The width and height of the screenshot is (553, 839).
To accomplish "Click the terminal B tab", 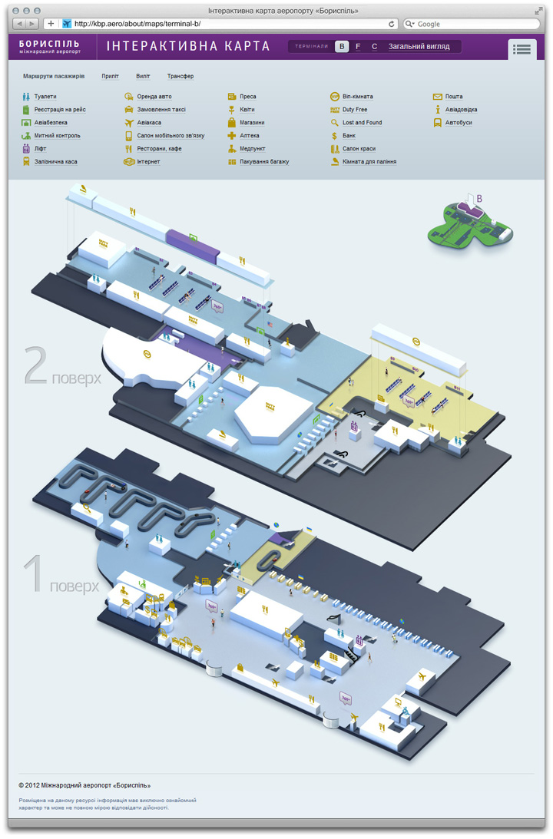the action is pyautogui.click(x=342, y=47).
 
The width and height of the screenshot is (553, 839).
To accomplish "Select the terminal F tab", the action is pyautogui.click(x=358, y=47).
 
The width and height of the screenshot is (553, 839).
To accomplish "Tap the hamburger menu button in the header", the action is pyautogui.click(x=522, y=49).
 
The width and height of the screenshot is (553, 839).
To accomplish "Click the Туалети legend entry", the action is pyautogui.click(x=45, y=97).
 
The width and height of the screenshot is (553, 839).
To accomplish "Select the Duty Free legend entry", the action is pyautogui.click(x=355, y=110).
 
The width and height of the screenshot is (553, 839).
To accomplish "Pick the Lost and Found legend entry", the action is pyautogui.click(x=362, y=123).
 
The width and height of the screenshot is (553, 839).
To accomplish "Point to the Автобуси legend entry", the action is pyautogui.click(x=459, y=123).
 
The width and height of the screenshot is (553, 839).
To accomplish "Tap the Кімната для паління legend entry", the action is pyautogui.click(x=369, y=162).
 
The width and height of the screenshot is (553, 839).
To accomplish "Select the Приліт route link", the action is pyautogui.click(x=110, y=77).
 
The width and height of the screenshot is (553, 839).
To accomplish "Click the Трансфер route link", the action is pyautogui.click(x=180, y=77).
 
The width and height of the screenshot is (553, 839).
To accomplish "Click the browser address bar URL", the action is pyautogui.click(x=138, y=24).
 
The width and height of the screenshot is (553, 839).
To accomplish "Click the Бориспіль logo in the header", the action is pyautogui.click(x=50, y=47).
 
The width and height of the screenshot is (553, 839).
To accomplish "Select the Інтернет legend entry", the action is pyautogui.click(x=148, y=162).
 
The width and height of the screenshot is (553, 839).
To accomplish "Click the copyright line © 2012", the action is pyautogui.click(x=84, y=785).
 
